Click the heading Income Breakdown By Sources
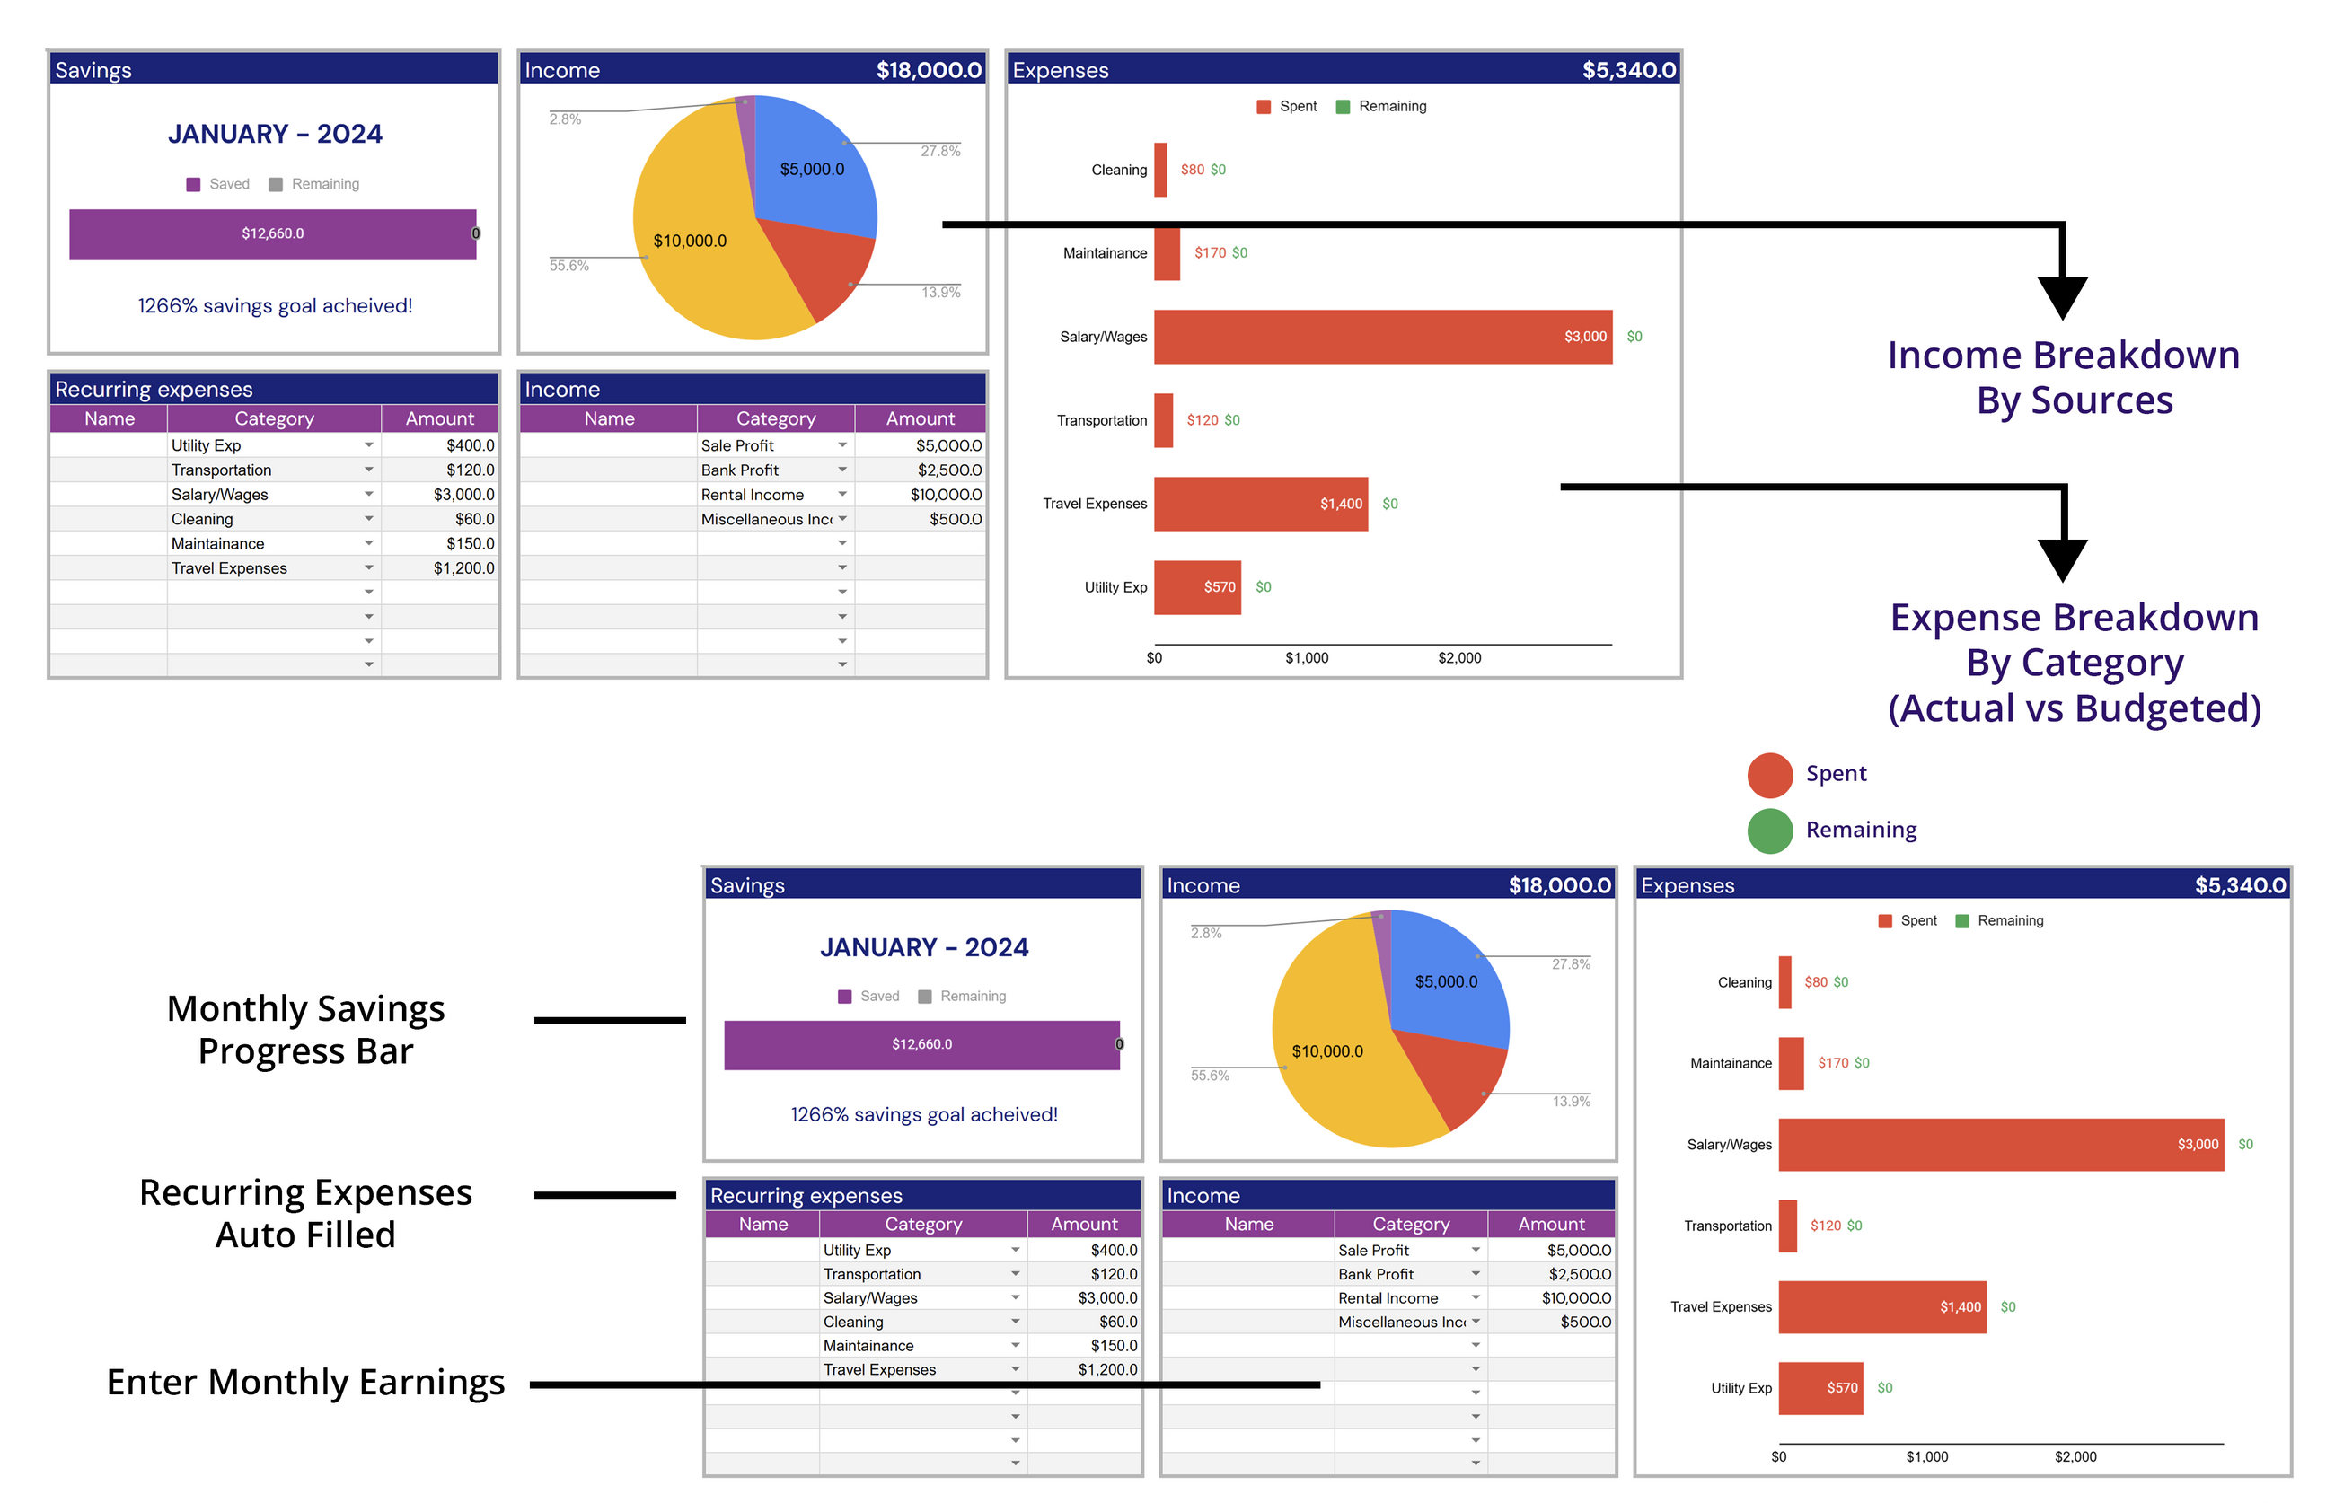[x=2063, y=378]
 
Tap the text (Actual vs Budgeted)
[x=2075, y=708]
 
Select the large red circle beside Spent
[x=1770, y=776]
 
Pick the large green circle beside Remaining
[x=1770, y=831]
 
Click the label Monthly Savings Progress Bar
[x=305, y=1030]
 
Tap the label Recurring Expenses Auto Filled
[x=305, y=1214]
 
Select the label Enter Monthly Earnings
[x=305, y=1383]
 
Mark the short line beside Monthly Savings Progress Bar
[x=609, y=1021]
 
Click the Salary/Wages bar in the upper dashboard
[x=1382, y=337]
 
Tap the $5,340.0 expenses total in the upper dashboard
[x=1628, y=70]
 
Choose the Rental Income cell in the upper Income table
[x=753, y=495]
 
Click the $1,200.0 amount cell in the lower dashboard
[x=1107, y=1369]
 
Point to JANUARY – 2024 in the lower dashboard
[x=923, y=947]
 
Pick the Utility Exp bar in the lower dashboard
[x=1820, y=1388]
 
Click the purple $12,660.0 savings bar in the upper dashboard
[x=272, y=234]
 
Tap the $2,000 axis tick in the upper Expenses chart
[x=1458, y=658]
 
